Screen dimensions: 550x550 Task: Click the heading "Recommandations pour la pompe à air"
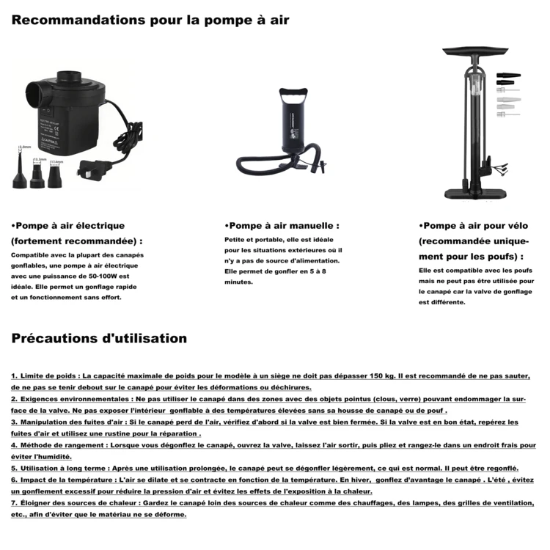[x=150, y=20]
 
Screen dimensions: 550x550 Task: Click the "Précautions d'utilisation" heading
[x=99, y=338]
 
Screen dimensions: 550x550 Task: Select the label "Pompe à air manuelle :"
[x=282, y=226]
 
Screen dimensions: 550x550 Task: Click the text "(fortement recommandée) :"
[x=77, y=241]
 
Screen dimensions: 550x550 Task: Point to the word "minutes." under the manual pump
[x=239, y=282]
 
